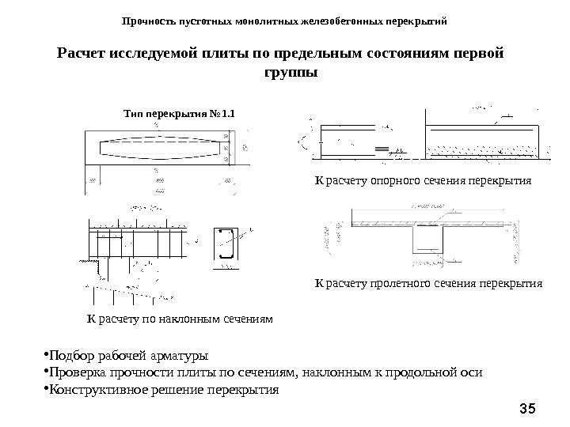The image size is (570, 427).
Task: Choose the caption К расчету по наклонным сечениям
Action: [179, 319]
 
